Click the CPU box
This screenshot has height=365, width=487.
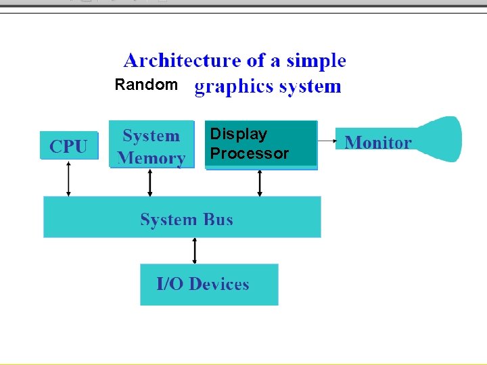coord(68,145)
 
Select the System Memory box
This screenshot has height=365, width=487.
coord(151,144)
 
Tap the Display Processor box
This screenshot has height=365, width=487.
coord(261,143)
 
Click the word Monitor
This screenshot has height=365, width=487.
coord(377,143)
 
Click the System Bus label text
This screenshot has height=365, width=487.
coord(186,220)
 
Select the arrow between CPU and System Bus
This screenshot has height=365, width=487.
coord(68,178)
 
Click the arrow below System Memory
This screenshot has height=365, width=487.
coord(150,182)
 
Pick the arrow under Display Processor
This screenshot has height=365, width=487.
coord(260,182)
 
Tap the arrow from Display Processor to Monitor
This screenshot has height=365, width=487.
coord(327,141)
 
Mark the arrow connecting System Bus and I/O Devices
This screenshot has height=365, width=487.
coord(195,250)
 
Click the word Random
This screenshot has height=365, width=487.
coord(146,85)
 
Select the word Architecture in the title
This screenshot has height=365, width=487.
coord(182,61)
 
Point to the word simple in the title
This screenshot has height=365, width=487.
coord(316,61)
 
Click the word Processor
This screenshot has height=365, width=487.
coord(249,153)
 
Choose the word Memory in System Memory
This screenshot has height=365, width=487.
coord(152,159)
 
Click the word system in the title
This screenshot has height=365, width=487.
coord(310,87)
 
